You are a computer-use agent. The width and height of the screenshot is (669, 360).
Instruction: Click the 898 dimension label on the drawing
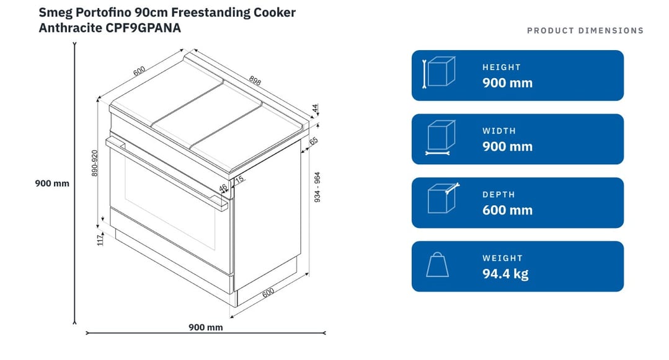pyautogui.click(x=255, y=80)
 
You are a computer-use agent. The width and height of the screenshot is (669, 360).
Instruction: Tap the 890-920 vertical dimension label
pyautogui.click(x=95, y=163)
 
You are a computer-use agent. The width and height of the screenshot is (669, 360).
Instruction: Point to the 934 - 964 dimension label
pyautogui.click(x=317, y=187)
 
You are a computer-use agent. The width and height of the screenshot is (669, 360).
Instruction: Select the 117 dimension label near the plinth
pyautogui.click(x=100, y=240)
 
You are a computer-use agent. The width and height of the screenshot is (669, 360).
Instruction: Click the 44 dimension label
pyautogui.click(x=316, y=108)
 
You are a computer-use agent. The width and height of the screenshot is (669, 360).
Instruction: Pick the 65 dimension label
pyautogui.click(x=314, y=141)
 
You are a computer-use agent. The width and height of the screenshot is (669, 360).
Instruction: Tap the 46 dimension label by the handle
pyautogui.click(x=223, y=188)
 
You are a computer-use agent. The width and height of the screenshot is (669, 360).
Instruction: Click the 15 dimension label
pyautogui.click(x=240, y=179)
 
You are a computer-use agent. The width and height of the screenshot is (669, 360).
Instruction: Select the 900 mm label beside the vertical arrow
pyautogui.click(x=52, y=183)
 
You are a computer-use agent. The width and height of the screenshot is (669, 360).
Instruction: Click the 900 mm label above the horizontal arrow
pyautogui.click(x=206, y=327)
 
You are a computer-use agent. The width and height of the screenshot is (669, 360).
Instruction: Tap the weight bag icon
pyautogui.click(x=437, y=265)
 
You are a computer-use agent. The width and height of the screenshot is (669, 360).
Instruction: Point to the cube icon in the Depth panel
pyautogui.click(x=443, y=198)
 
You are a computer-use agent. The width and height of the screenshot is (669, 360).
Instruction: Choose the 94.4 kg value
pyautogui.click(x=505, y=273)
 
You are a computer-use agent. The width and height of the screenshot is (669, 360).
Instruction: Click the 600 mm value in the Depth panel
pyautogui.click(x=507, y=210)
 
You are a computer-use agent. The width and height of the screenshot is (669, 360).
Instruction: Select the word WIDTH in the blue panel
pyautogui.click(x=499, y=131)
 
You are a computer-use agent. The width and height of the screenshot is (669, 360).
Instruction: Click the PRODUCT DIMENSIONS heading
pyautogui.click(x=585, y=31)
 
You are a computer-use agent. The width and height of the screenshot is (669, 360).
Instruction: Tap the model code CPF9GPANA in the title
pyautogui.click(x=143, y=28)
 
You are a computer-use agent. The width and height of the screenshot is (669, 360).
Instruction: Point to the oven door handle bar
pyautogui.click(x=167, y=173)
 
